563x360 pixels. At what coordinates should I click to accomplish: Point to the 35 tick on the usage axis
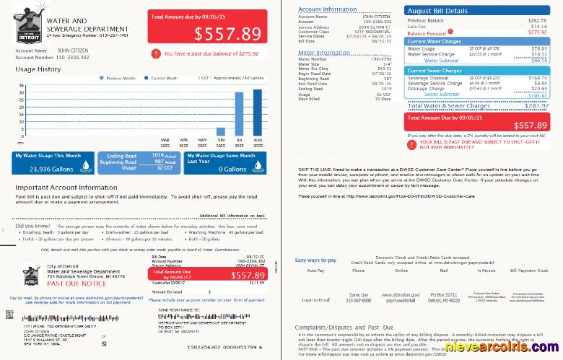tap(19, 84)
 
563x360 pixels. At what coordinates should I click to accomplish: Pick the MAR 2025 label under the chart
tap(165, 141)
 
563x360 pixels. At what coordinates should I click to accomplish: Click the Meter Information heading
tap(323, 53)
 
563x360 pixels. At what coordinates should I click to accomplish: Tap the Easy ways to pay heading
tap(315, 260)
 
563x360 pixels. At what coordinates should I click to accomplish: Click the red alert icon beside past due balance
tap(156, 53)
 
